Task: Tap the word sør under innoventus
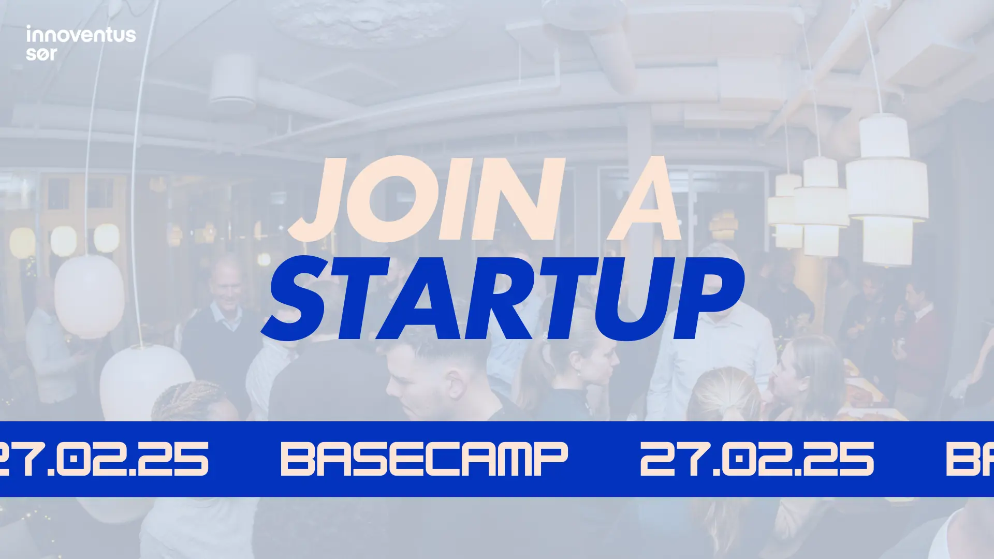click(41, 53)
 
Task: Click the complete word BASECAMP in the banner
click(424, 459)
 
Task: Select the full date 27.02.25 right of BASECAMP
click(757, 459)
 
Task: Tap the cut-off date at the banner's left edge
click(104, 459)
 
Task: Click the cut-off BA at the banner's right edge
click(970, 459)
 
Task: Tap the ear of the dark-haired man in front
click(456, 383)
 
